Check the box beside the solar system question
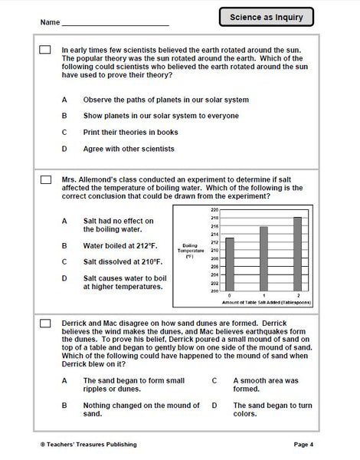44,50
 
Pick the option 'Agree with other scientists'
129,148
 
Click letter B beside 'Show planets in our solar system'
64,116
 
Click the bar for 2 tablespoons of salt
297,254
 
